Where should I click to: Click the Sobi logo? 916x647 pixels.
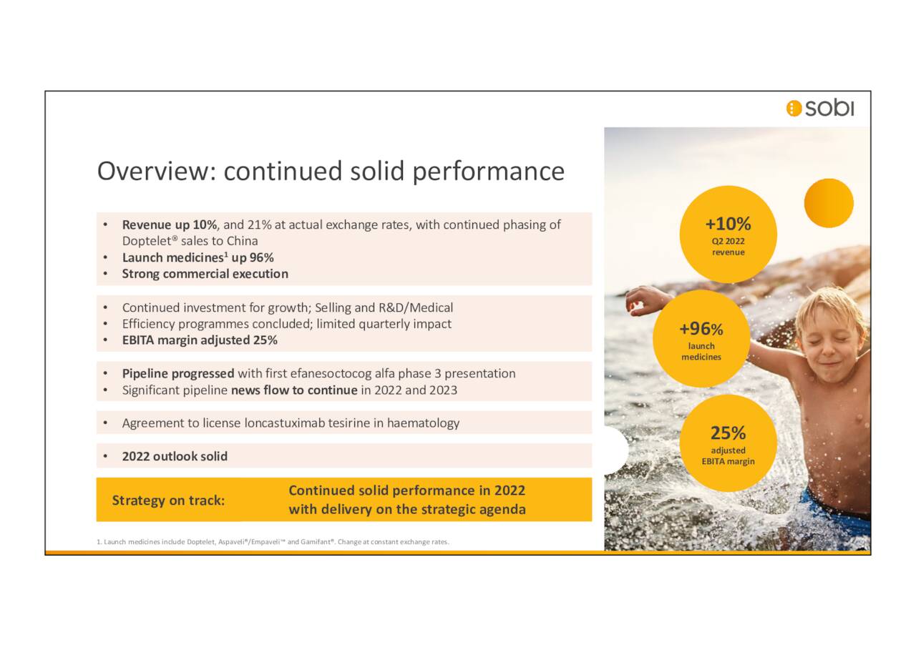click(819, 108)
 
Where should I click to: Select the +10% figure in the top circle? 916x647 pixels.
click(728, 224)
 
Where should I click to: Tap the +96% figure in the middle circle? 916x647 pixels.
click(701, 329)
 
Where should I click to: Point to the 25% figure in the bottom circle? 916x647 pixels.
click(728, 433)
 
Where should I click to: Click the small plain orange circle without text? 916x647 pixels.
click(829, 203)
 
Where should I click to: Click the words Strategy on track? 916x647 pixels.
click(168, 500)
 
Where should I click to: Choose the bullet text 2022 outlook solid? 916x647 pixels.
click(175, 456)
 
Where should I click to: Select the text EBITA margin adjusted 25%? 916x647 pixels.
click(200, 340)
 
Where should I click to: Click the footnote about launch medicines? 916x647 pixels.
click(273, 542)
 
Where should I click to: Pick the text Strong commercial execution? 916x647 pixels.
click(205, 274)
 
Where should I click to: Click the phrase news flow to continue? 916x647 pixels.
click(293, 390)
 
